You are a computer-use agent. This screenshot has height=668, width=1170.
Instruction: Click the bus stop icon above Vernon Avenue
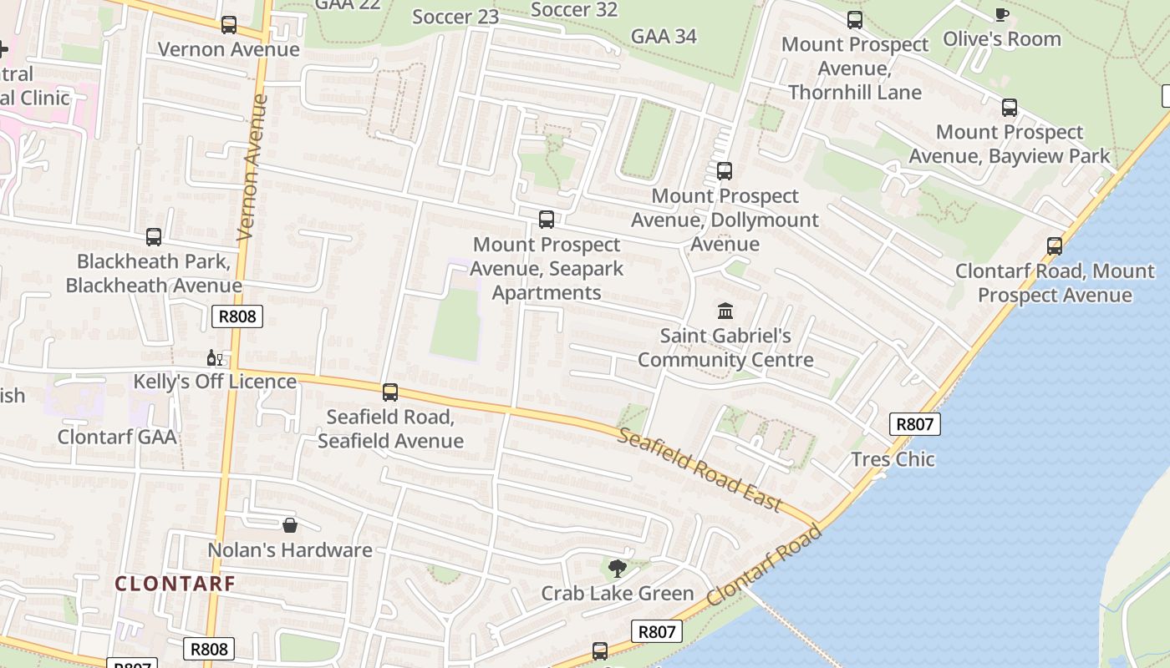(229, 25)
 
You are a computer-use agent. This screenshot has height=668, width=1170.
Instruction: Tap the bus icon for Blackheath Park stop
(154, 237)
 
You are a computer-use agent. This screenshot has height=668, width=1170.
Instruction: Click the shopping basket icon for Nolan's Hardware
(290, 525)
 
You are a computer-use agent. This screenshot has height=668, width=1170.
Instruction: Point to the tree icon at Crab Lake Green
(618, 569)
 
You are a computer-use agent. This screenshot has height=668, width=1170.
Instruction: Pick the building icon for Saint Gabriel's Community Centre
(725, 311)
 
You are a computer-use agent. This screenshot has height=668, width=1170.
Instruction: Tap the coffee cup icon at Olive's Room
(1001, 15)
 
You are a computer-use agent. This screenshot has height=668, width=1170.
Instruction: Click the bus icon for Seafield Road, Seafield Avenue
(390, 392)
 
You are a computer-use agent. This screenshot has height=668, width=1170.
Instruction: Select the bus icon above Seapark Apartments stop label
(547, 220)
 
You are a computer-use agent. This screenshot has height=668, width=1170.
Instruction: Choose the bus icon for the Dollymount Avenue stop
(725, 171)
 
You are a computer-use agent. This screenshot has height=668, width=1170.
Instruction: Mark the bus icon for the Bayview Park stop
(1010, 108)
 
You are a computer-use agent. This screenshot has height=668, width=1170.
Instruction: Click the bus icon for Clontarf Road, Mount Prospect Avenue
(1055, 246)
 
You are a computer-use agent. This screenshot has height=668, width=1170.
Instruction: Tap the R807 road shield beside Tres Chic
(914, 424)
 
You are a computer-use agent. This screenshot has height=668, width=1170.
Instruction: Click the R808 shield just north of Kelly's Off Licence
(238, 316)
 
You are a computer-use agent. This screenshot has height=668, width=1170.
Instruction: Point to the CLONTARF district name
(175, 584)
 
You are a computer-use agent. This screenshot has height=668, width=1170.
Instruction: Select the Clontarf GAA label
(117, 437)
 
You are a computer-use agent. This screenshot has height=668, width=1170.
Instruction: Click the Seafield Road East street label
(699, 469)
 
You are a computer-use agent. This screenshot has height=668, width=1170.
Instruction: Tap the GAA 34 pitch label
(664, 37)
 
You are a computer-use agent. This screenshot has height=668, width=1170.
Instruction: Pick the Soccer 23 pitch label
(455, 17)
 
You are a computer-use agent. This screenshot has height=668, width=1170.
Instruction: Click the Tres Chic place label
(893, 459)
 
